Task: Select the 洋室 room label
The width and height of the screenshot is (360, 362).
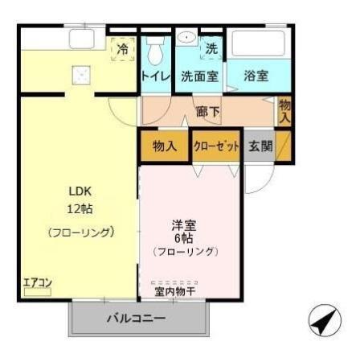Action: click(184, 224)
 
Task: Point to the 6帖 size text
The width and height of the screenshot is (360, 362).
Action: click(184, 238)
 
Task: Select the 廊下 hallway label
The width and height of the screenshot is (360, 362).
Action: click(208, 112)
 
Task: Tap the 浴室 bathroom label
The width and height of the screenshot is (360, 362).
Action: click(258, 76)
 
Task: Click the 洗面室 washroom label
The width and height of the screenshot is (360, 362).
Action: click(198, 76)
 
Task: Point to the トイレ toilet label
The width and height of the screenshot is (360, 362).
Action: click(155, 76)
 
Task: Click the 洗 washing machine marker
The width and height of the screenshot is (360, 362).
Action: click(211, 48)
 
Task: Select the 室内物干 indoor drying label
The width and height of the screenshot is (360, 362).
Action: click(175, 291)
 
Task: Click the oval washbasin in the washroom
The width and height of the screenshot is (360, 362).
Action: click(186, 38)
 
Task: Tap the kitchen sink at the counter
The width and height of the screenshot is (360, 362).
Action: click(81, 39)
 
